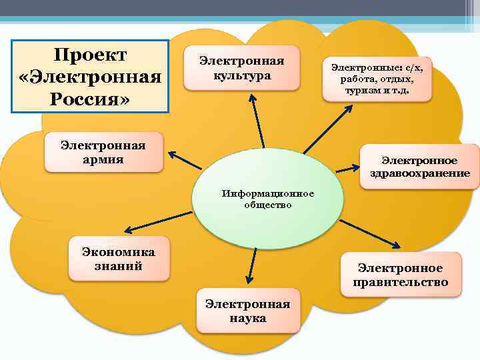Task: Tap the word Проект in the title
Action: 91,54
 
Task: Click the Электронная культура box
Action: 242,69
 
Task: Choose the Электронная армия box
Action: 103,151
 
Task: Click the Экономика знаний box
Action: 118,259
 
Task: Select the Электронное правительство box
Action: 400,275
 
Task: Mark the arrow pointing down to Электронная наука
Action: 250,265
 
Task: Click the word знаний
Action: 118,266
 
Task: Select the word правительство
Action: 400,283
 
